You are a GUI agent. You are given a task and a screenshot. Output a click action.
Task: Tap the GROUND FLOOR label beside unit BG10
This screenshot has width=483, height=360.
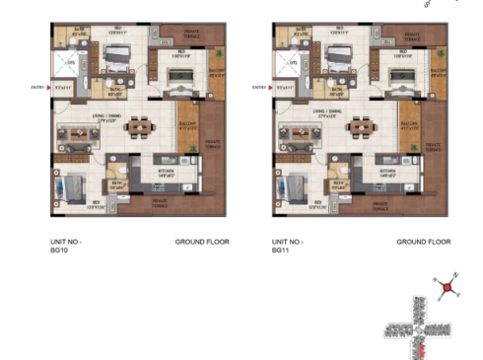(x=202, y=242)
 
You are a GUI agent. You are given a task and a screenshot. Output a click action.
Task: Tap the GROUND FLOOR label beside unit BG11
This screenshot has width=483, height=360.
(x=424, y=242)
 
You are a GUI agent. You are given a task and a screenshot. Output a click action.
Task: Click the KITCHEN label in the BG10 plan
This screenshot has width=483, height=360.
(x=165, y=172)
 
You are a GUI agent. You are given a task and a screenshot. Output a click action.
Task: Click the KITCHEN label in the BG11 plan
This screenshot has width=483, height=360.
(x=386, y=172)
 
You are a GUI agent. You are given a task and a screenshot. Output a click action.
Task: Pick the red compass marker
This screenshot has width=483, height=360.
(x=448, y=288)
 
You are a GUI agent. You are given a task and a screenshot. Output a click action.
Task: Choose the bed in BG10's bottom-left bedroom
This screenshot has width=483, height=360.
(x=77, y=185)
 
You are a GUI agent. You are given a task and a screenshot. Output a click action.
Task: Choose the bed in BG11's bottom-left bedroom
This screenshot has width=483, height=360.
(x=299, y=185)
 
